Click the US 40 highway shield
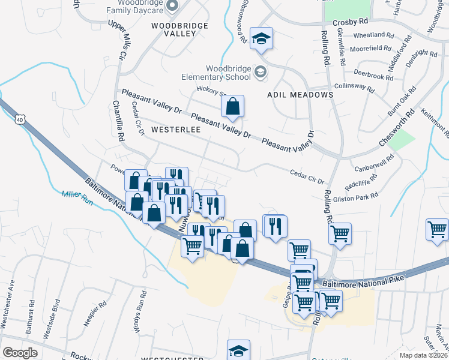[x=20, y=120]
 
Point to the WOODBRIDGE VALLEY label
[x=179, y=29]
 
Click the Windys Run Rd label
[x=143, y=310]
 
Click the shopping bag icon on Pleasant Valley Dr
[x=232, y=107]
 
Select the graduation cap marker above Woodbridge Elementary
[x=261, y=38]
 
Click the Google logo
[x=20, y=352]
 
